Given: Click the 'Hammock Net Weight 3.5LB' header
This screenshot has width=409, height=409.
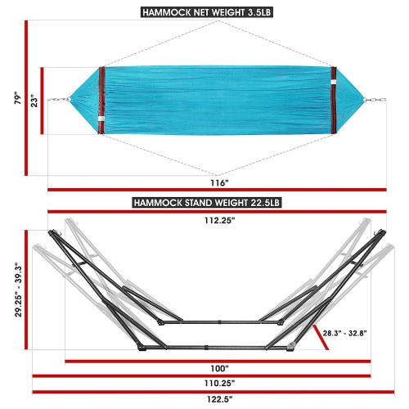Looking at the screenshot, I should (204, 11).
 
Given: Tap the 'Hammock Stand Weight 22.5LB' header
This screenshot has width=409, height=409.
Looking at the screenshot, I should (204, 202).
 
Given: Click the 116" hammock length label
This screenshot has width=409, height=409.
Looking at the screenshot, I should (218, 182).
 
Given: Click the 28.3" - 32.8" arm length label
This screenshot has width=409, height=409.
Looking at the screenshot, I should (348, 332).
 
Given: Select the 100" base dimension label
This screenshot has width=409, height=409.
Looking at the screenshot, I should (218, 369).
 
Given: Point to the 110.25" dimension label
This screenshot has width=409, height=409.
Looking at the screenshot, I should (218, 383).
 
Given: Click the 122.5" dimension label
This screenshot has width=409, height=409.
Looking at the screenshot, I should (218, 398).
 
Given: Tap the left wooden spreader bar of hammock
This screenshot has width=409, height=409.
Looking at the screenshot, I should (101, 100).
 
